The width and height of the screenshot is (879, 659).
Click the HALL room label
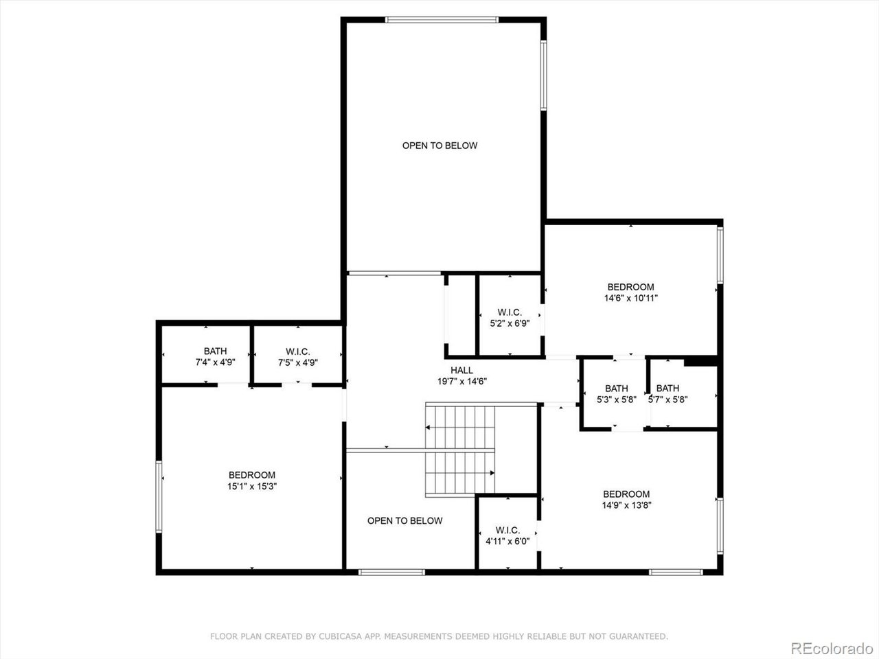click(x=461, y=370)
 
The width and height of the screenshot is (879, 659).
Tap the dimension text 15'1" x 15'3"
click(x=252, y=486)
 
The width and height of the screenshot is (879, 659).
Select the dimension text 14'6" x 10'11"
click(x=630, y=298)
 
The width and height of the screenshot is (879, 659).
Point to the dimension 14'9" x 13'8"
click(x=626, y=505)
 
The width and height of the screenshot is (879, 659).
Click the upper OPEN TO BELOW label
click(x=439, y=146)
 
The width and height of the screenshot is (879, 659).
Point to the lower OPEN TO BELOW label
click(x=404, y=520)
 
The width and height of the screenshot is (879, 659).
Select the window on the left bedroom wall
click(x=159, y=496)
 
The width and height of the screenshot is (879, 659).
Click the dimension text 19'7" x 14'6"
click(x=461, y=381)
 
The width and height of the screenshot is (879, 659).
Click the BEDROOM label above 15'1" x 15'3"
click(x=252, y=475)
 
